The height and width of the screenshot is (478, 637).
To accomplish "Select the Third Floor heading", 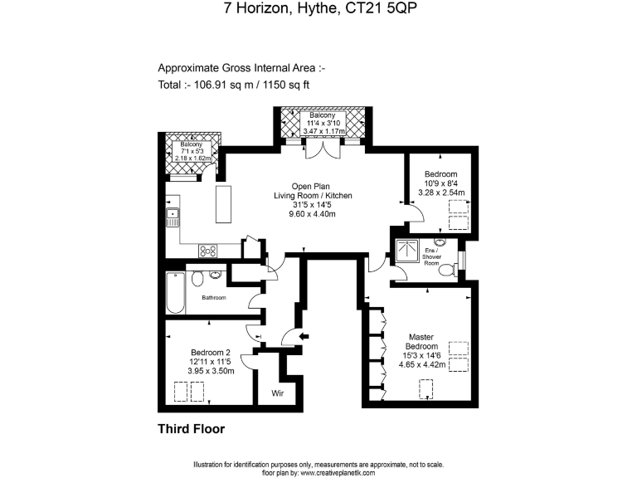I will tap(191, 429).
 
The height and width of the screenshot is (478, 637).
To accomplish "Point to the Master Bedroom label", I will tap(421, 342).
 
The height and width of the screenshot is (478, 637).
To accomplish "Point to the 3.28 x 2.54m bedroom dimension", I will tap(440, 193).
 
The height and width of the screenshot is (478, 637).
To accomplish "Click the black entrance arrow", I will tap(304, 336).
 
